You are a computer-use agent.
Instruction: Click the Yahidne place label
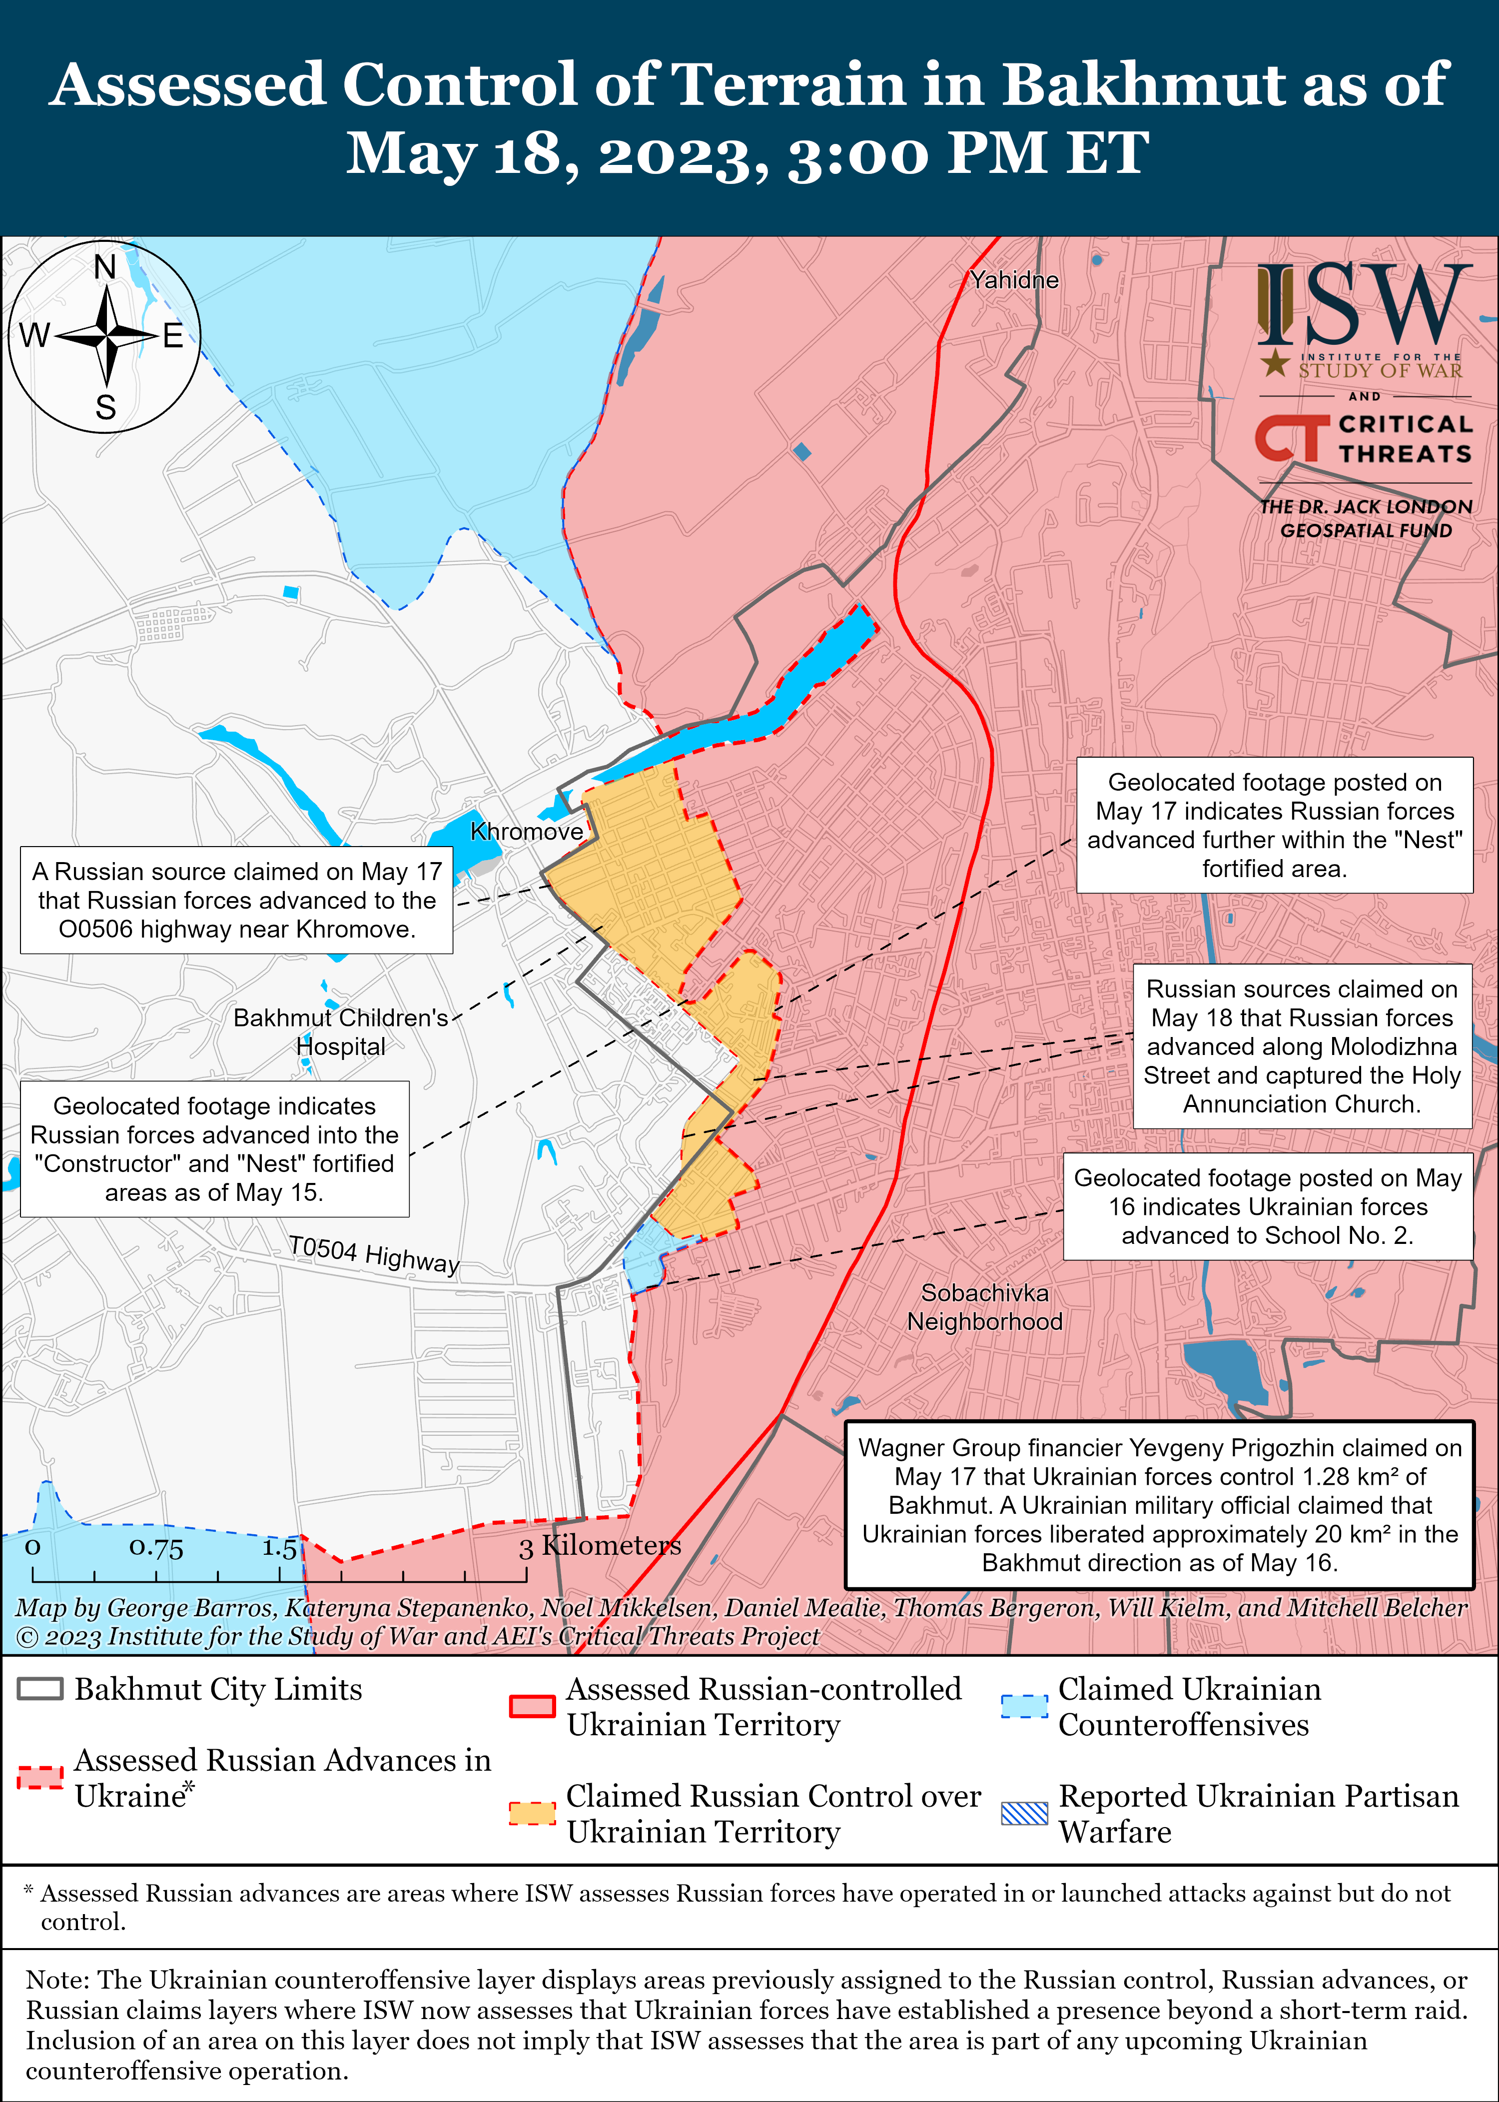[1013, 280]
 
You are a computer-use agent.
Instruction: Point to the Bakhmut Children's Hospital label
[341, 1031]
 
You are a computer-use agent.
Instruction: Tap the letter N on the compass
[105, 268]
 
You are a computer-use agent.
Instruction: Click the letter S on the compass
[106, 407]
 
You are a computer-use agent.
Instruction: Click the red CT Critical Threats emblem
[1291, 438]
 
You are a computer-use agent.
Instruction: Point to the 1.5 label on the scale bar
[279, 1548]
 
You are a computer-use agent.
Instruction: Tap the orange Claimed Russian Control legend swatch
[533, 1812]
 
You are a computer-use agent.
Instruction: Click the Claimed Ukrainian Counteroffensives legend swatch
[1024, 1706]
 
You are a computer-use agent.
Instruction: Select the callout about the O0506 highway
[236, 900]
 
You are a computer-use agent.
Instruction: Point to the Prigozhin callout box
[1159, 1505]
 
